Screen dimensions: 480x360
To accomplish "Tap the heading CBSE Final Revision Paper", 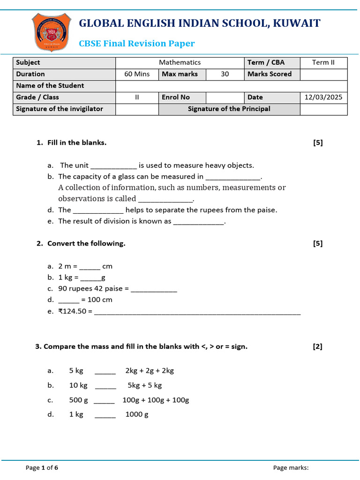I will pyautogui.click(x=136, y=44).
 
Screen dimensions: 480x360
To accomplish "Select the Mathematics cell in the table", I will pyautogui.click(x=180, y=62).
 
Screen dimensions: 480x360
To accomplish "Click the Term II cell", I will pyautogui.click(x=323, y=62).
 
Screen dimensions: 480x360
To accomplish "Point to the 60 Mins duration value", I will pyautogui.click(x=137, y=74).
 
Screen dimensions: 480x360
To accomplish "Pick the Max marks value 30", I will pyautogui.click(x=225, y=74).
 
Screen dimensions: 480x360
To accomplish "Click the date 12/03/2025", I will pyautogui.click(x=323, y=97).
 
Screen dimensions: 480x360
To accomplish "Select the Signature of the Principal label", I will pyautogui.click(x=229, y=109).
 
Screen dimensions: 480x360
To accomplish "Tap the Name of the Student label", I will pyautogui.click(x=50, y=86).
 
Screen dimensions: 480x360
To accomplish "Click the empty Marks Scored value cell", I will pyautogui.click(x=323, y=74).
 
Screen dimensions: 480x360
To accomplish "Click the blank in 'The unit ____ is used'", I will pyautogui.click(x=113, y=166).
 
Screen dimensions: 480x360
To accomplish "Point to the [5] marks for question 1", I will pyautogui.click(x=318, y=142).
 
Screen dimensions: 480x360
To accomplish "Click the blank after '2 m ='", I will pyautogui.click(x=90, y=267).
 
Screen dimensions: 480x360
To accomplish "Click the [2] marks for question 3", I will pyautogui.click(x=318, y=347).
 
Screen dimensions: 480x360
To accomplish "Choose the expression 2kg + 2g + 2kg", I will pyautogui.click(x=150, y=371).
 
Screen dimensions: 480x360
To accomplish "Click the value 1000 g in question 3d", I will pyautogui.click(x=137, y=415).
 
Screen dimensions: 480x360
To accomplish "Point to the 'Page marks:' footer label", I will pyautogui.click(x=291, y=467).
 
